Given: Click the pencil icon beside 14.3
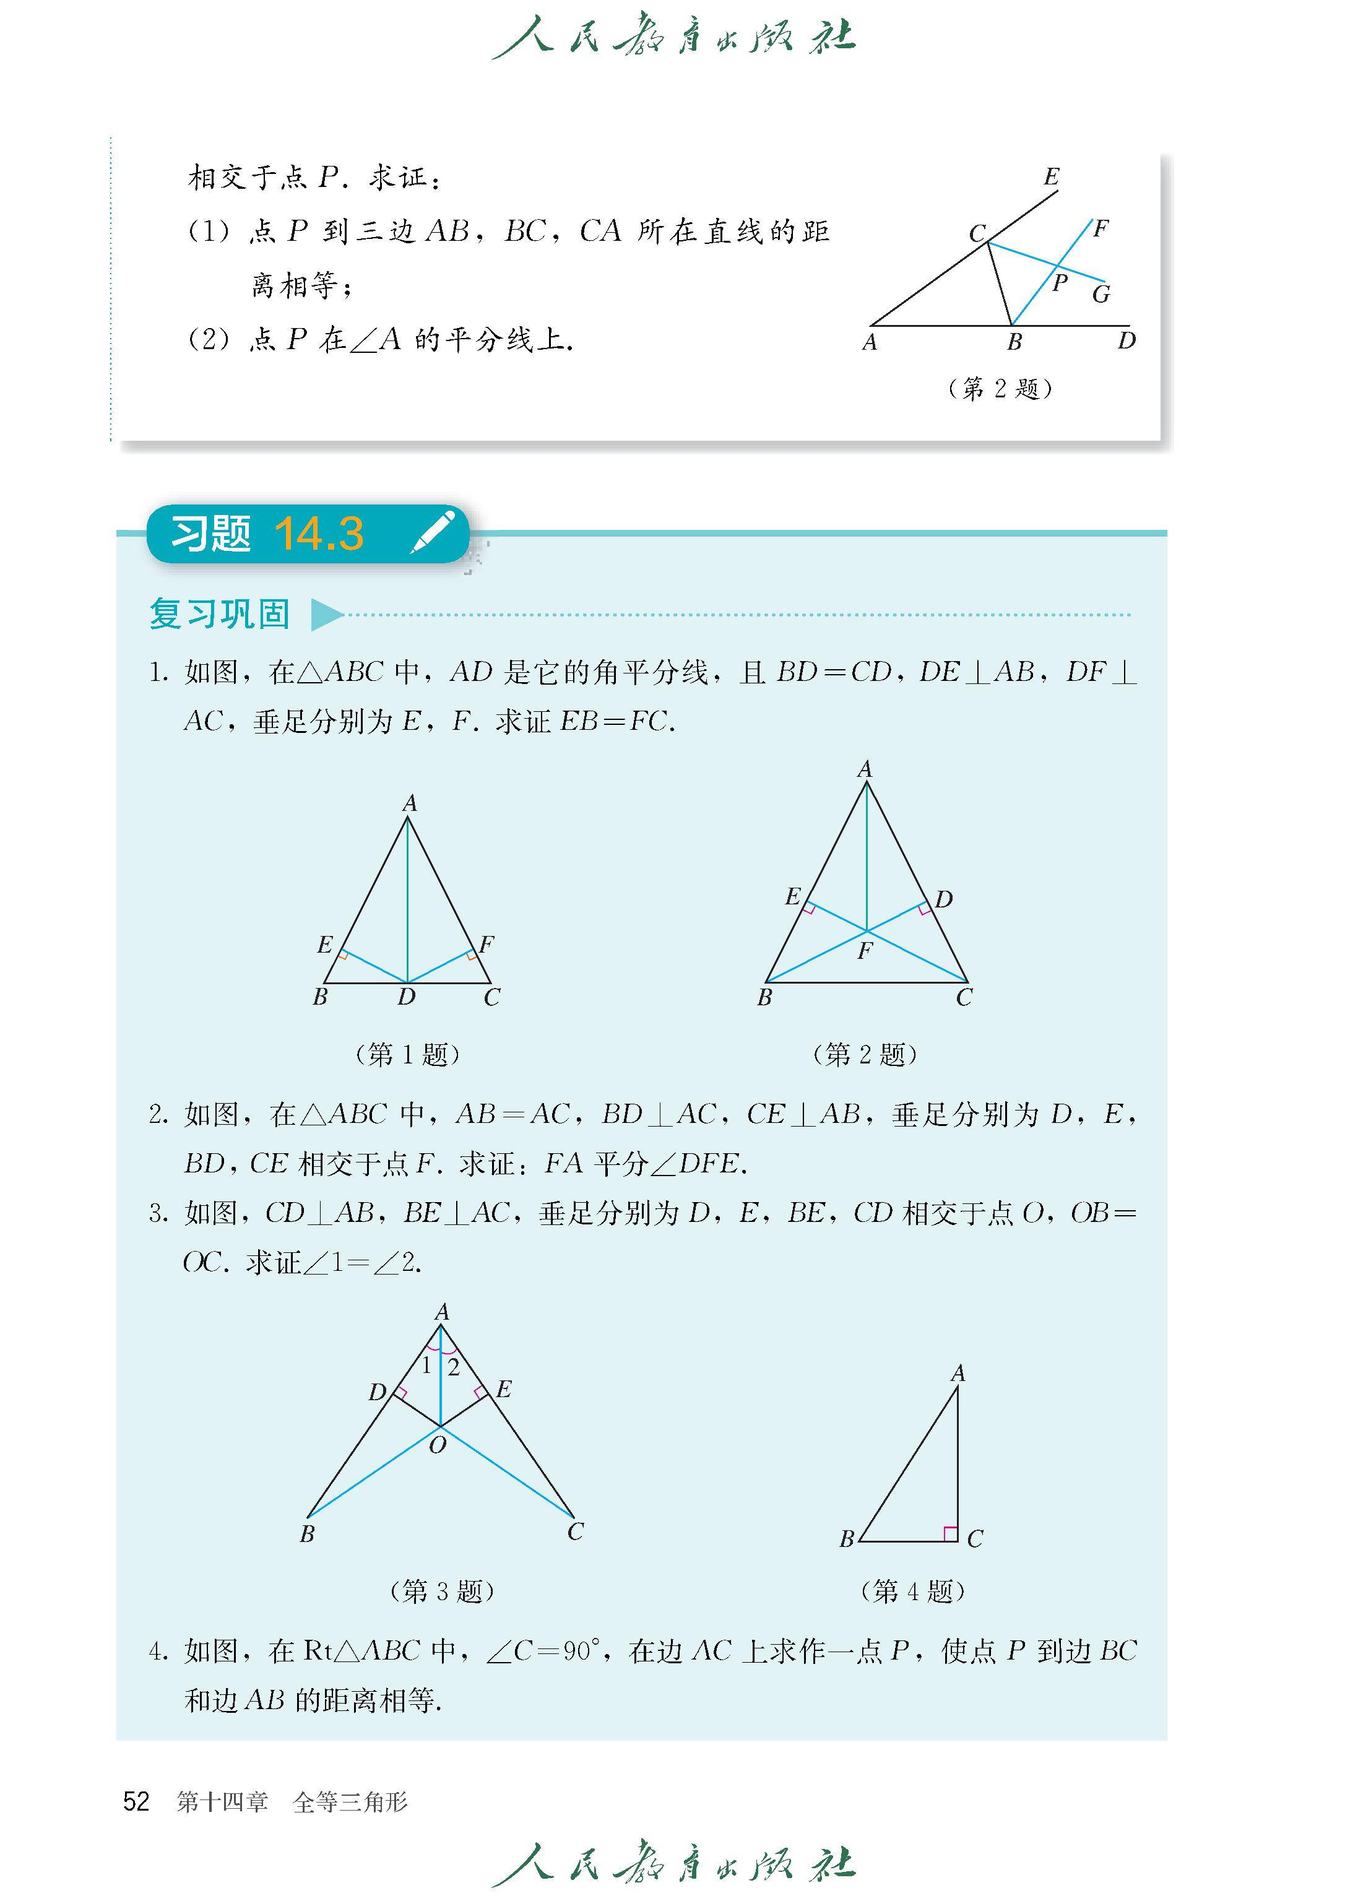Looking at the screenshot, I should click(433, 532).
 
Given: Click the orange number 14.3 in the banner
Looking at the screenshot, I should click(319, 534).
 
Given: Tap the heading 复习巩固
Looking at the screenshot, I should click(220, 614).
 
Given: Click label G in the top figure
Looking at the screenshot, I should click(1101, 294).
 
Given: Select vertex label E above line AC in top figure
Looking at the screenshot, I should click(1051, 176).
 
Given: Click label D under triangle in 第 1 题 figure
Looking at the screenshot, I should click(406, 997).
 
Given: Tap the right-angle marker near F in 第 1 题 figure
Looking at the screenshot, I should click(471, 956).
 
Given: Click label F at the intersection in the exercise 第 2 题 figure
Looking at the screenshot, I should click(865, 951).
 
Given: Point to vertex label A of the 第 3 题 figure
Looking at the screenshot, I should click(441, 1312).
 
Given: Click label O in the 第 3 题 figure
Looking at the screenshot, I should click(437, 1445).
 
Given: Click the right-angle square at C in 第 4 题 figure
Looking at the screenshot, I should click(951, 1534).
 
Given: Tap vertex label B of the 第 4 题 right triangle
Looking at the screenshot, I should click(846, 1539).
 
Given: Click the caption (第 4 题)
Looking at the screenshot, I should click(913, 1591).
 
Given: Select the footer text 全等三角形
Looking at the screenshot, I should click(350, 1801).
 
